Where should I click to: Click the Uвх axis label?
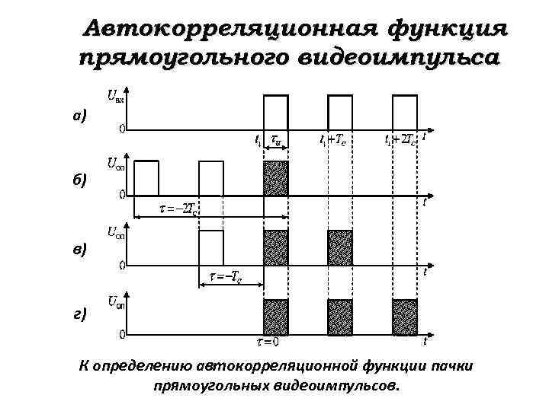tap(116, 97)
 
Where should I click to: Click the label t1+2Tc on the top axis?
tap(400, 141)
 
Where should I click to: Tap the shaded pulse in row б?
tap(275, 179)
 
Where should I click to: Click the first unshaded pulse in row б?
tap(146, 179)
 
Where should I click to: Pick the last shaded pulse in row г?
tap(405, 317)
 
